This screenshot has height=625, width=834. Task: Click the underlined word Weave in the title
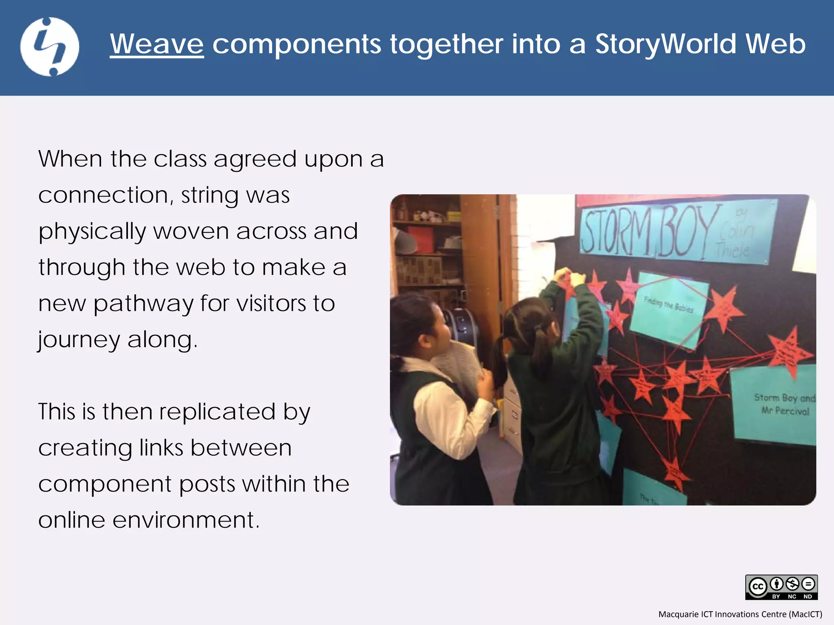click(x=157, y=44)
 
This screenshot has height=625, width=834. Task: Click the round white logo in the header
click(x=50, y=47)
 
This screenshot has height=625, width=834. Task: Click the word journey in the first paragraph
click(x=79, y=340)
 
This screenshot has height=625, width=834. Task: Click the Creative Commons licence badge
click(x=781, y=587)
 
